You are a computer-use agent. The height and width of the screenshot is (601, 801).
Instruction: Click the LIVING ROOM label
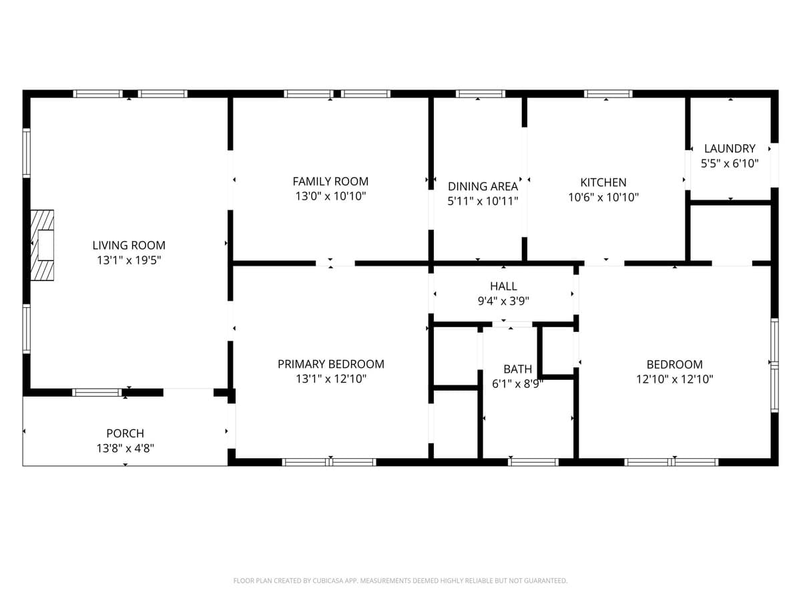coord(129,245)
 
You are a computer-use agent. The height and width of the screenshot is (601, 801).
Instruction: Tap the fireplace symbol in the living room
coord(42,245)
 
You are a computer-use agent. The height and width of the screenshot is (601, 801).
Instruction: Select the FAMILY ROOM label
coord(330,182)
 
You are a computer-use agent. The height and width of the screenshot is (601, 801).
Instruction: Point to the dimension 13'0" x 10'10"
coord(330,196)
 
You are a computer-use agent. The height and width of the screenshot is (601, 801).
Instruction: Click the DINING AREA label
coord(483,186)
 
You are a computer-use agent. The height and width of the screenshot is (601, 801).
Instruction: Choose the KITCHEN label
coord(603,182)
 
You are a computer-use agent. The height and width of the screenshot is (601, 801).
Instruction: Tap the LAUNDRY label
coord(730,148)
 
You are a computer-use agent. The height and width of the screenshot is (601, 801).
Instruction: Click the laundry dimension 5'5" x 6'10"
coord(730,164)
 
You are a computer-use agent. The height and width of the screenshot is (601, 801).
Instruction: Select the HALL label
coord(503,286)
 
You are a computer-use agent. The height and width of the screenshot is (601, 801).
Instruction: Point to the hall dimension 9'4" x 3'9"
coord(503,301)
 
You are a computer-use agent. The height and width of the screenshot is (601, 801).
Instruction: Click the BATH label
coord(517,369)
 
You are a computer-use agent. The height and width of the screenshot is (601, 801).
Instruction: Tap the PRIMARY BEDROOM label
coord(330,364)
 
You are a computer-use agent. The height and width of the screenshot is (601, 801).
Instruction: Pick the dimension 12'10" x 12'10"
coord(674,379)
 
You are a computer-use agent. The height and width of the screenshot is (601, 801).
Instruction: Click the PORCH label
coord(125,433)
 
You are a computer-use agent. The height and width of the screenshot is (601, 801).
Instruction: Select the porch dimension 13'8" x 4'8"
coord(125,448)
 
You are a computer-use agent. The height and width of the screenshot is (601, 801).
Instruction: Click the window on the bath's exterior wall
coord(533,462)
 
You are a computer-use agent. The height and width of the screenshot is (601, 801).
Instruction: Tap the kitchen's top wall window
coord(608,93)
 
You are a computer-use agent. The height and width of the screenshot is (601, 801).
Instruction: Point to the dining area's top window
coord(481,93)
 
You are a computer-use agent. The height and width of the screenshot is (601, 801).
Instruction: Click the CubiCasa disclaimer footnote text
coord(400,580)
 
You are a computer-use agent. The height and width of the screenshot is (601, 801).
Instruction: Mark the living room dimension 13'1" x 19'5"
coord(129,260)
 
